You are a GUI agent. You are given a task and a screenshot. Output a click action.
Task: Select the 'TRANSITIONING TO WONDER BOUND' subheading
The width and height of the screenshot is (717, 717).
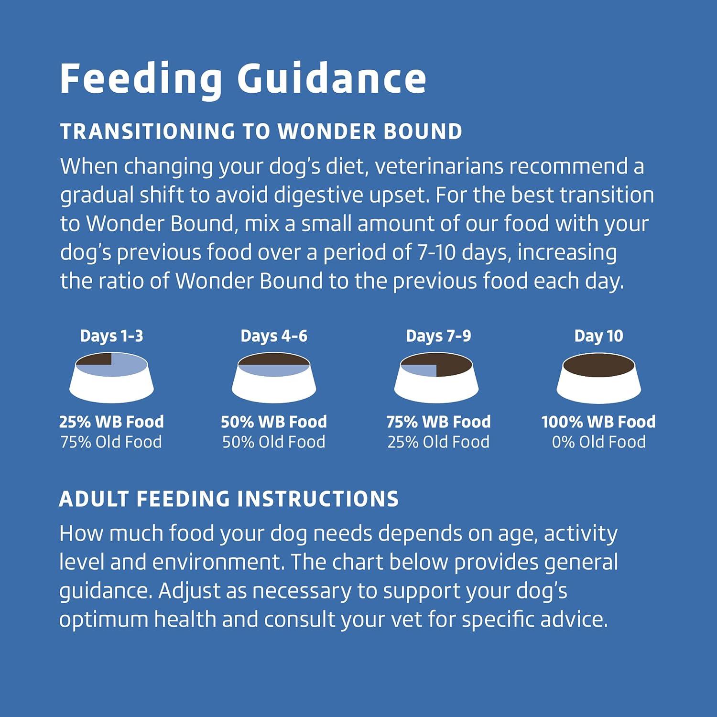point(261,132)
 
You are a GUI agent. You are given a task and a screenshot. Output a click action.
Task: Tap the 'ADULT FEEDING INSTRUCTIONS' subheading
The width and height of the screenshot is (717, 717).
point(229,499)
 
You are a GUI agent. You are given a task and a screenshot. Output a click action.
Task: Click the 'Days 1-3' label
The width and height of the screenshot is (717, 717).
point(111,337)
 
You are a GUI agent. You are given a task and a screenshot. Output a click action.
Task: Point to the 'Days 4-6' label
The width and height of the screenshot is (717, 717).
point(274,337)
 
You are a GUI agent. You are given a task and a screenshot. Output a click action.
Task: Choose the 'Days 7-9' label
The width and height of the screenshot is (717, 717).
point(438,337)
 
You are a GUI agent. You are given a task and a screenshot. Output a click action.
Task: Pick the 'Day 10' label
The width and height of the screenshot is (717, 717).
point(598,337)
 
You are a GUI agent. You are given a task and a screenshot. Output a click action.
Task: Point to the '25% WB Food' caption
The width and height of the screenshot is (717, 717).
point(111,422)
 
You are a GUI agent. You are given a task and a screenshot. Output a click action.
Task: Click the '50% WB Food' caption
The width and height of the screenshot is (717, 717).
point(274,422)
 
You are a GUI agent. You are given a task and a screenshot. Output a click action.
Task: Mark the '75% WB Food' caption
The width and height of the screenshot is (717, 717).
point(438,422)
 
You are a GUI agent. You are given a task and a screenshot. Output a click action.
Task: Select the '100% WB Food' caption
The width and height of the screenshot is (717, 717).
point(598,422)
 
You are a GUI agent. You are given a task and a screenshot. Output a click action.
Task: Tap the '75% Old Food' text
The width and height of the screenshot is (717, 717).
point(111,442)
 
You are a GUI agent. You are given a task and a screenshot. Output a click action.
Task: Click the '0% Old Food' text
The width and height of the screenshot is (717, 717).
point(598,442)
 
